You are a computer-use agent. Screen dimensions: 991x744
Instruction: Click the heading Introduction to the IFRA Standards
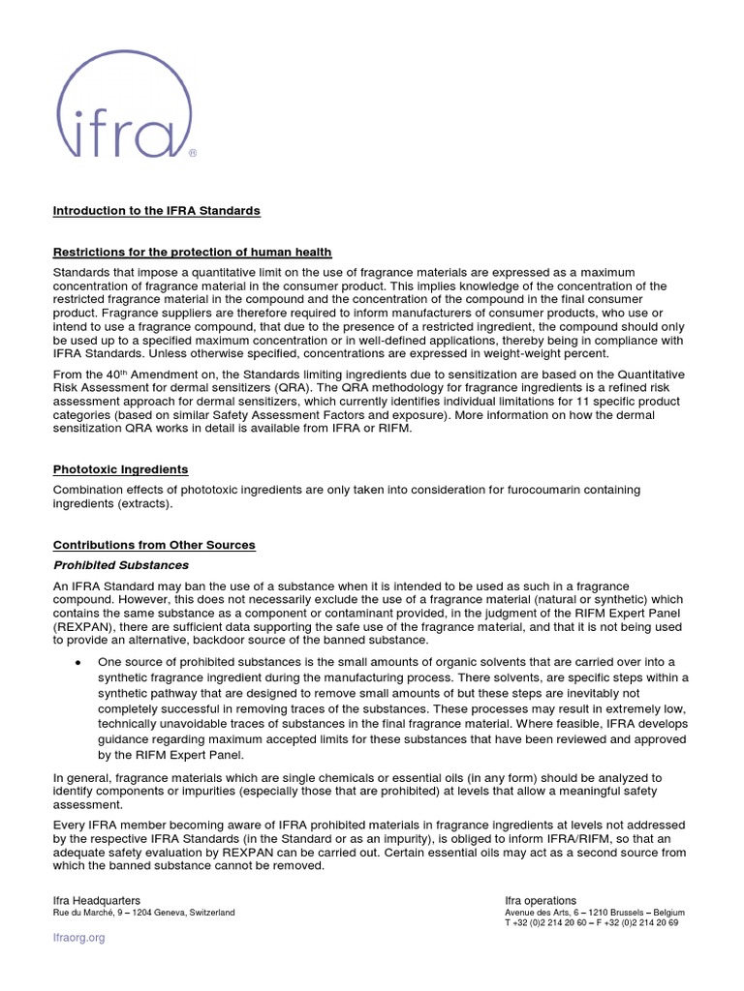[156, 210]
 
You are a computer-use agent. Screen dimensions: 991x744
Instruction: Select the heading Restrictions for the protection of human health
[192, 252]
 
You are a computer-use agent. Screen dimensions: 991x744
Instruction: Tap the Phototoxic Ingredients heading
[120, 469]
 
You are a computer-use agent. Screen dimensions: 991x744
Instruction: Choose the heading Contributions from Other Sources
[154, 545]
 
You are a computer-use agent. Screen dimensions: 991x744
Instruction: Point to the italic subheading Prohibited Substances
[121, 565]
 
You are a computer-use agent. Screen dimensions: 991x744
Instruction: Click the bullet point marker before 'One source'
[77, 661]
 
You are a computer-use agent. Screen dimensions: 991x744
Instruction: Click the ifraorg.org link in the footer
[78, 938]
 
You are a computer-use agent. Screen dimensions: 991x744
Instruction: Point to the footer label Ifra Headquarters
[96, 900]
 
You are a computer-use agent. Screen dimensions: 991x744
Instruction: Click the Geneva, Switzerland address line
[143, 913]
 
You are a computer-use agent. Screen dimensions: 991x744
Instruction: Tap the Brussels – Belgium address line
[594, 913]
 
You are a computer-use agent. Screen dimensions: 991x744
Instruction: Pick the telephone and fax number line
[591, 923]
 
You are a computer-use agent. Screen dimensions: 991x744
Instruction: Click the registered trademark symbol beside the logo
[192, 153]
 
